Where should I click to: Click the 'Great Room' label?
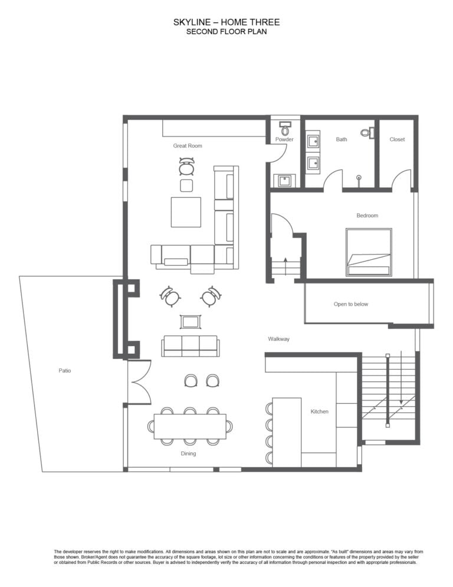tap(188, 146)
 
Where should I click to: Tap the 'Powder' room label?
tap(284, 139)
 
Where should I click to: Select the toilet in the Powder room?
tap(285, 129)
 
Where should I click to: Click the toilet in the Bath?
tap(367, 132)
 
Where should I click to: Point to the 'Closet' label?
tap(397, 139)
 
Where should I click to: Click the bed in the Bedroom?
tap(369, 252)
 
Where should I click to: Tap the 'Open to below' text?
tap(351, 304)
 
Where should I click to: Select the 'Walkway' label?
tap(278, 339)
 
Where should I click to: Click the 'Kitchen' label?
tap(320, 412)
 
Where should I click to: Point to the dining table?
tap(190, 426)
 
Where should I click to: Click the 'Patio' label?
tap(65, 371)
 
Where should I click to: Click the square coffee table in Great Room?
tap(186, 212)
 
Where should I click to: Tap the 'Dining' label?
tap(188, 454)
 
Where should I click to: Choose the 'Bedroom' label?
tap(367, 216)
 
